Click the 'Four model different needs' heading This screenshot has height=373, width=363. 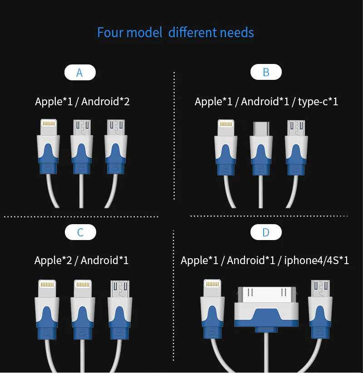[175, 33]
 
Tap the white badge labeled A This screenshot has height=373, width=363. [80, 73]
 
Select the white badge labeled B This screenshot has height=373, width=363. [266, 72]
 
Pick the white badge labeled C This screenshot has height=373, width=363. [80, 233]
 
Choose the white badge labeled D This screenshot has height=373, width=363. [266, 233]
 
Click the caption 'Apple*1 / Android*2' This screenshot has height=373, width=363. [82, 101]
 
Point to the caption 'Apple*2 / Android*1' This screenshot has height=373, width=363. [82, 260]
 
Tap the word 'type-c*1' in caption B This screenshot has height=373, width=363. [318, 102]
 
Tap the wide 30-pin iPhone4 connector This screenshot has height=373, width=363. [266, 306]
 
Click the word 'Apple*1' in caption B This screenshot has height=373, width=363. [213, 102]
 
